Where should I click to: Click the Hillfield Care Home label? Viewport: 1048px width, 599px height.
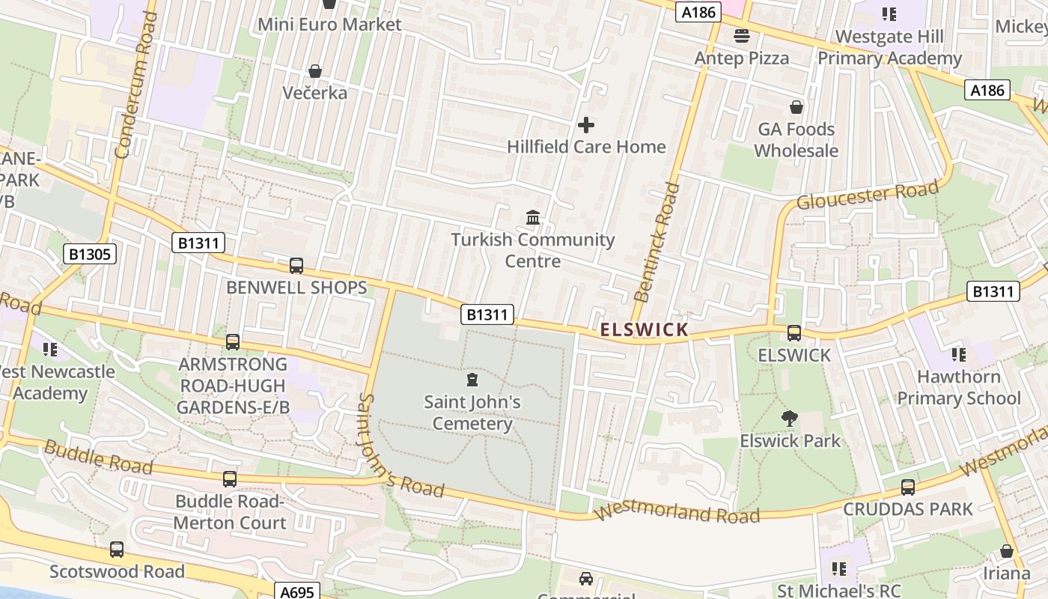click(x=586, y=147)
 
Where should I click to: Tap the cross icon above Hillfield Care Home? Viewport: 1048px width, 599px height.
click(x=586, y=125)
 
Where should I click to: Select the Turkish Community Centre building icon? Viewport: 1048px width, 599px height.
click(x=533, y=218)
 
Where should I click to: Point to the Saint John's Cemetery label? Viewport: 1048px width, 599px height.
click(x=472, y=413)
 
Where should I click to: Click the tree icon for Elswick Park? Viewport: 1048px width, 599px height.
click(x=790, y=419)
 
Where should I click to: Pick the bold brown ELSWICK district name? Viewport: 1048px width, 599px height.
click(x=644, y=329)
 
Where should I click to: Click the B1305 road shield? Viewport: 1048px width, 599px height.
click(x=90, y=254)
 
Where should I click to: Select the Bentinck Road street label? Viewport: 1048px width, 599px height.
click(x=656, y=241)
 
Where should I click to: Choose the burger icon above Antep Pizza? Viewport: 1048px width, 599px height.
click(x=742, y=36)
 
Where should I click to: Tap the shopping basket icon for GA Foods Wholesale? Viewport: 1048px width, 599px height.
click(x=796, y=108)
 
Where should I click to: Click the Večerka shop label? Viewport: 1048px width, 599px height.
click(x=315, y=93)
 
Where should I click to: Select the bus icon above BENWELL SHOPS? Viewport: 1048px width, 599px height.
click(x=296, y=266)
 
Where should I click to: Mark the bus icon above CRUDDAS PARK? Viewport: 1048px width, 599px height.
click(x=908, y=487)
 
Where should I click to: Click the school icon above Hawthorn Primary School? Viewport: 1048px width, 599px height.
click(x=958, y=355)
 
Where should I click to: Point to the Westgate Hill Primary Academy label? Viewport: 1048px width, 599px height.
click(x=889, y=47)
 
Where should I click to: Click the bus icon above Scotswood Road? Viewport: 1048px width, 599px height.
click(x=117, y=550)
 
